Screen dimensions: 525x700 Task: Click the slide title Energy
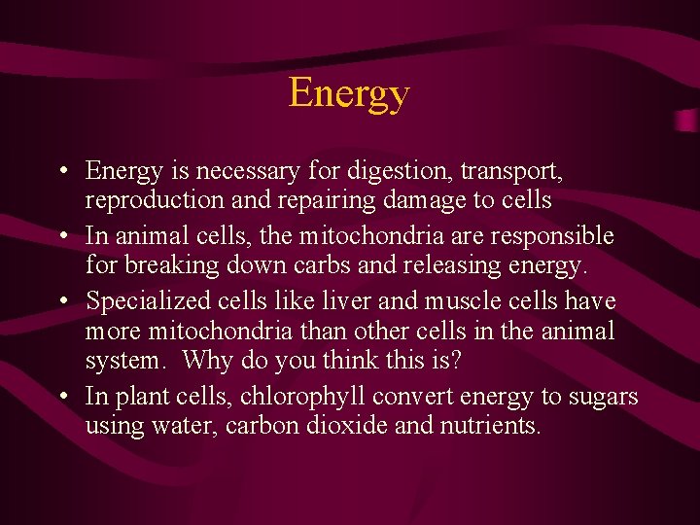(349, 94)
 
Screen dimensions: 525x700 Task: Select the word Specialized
(142, 300)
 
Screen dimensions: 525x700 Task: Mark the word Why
(205, 361)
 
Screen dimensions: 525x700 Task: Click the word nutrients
(490, 425)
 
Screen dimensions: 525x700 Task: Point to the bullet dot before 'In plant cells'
(61, 397)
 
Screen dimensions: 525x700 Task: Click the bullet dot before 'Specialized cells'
(61, 300)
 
